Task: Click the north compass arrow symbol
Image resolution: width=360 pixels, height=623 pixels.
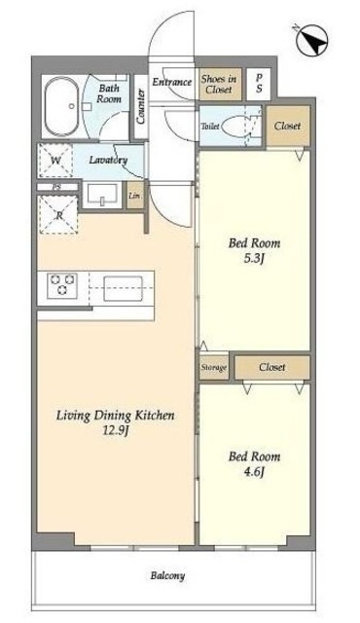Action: coord(312,41)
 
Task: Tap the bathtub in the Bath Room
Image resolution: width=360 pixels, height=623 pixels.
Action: coord(61,106)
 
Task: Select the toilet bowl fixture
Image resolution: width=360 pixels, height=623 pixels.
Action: coord(234,127)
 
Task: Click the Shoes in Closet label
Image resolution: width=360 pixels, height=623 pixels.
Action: coord(219,84)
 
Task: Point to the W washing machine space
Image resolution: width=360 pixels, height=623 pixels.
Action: coord(55,161)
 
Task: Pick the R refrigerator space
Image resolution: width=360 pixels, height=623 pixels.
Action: coord(58,215)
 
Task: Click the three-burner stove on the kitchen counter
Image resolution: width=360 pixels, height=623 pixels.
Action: coord(62,285)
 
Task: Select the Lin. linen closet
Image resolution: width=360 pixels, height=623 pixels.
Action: coord(135,196)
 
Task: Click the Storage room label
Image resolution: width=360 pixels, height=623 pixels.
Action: coord(213,368)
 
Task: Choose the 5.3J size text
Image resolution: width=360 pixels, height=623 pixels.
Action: coord(254,259)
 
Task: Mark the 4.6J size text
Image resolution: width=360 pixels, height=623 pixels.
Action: coord(254,472)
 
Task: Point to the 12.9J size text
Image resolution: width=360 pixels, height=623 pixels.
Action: coord(115,431)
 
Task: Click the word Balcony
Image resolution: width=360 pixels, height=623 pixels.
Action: coord(167,575)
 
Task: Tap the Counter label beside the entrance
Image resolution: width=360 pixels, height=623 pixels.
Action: coord(141,106)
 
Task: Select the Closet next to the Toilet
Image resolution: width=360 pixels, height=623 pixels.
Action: coord(288,126)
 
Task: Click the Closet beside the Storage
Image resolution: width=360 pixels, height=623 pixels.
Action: coord(272,367)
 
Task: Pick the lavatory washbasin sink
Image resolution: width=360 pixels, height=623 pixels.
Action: coord(102,196)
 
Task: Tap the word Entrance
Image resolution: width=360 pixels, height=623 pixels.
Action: coord(172,82)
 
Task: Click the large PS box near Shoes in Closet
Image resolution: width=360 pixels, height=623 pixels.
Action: coord(259,84)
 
